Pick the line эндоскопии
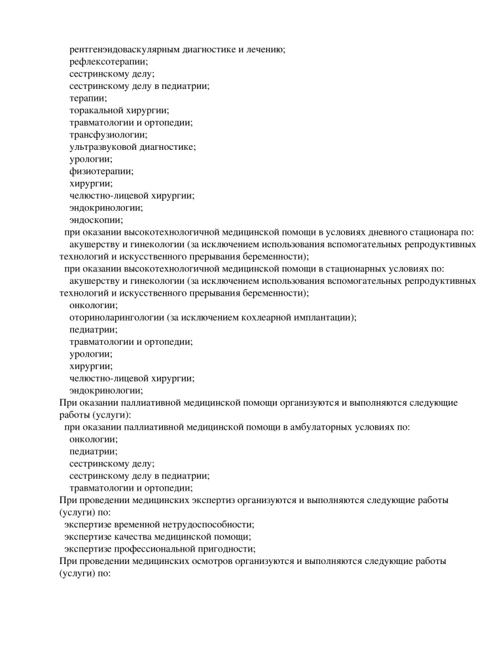(x=96, y=220)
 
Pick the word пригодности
(x=226, y=549)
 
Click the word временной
(x=139, y=525)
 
